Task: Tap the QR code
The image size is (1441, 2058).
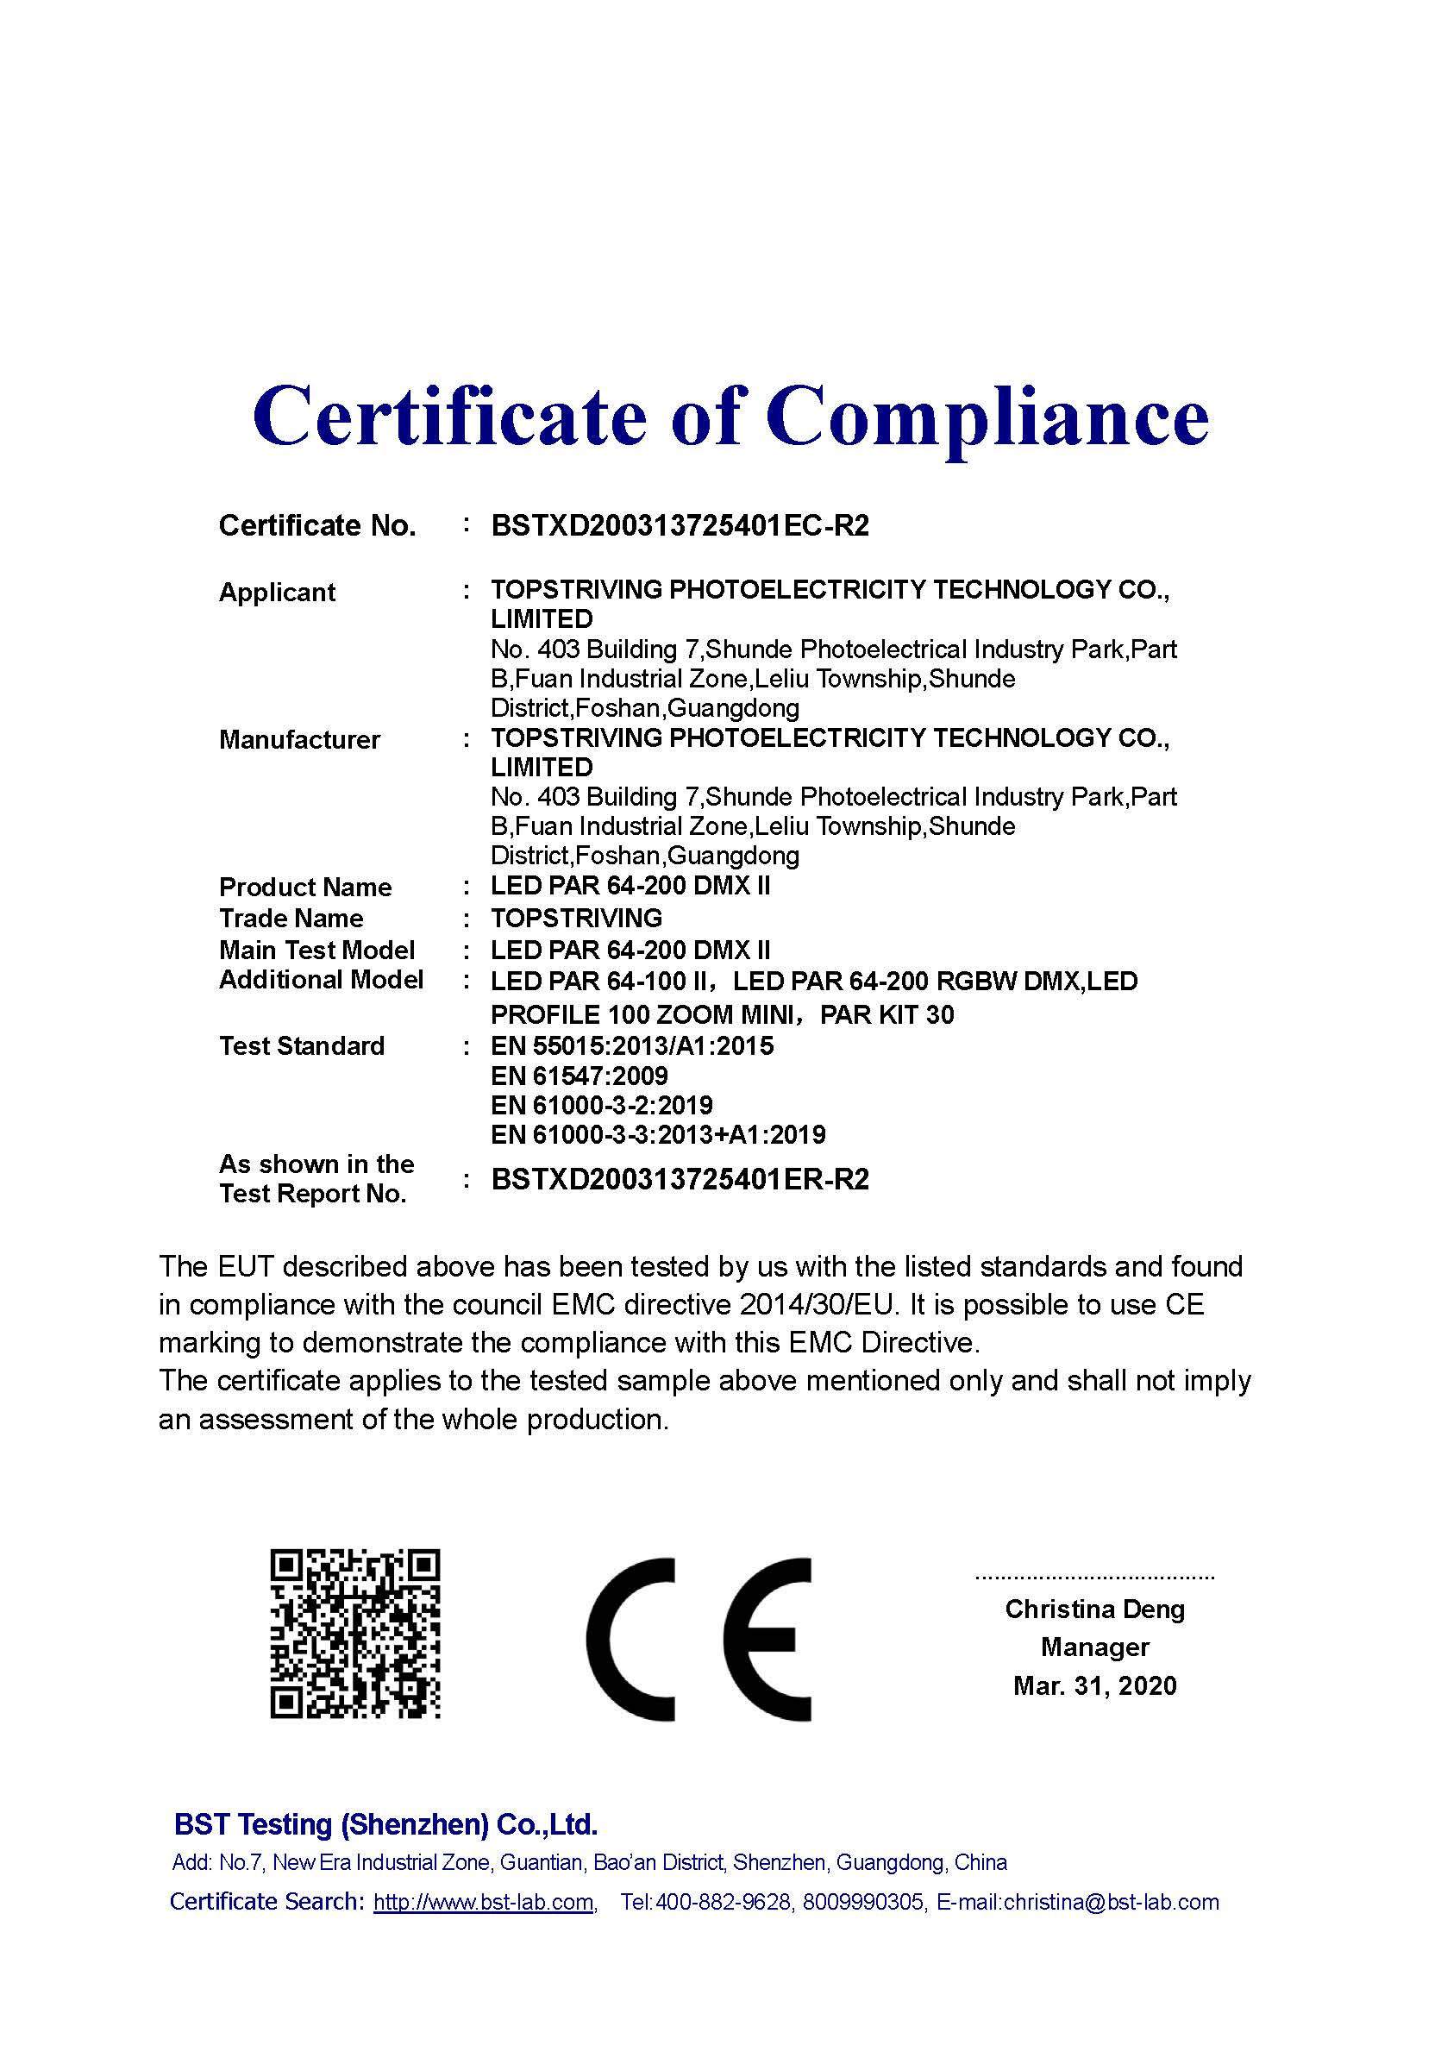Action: point(355,1633)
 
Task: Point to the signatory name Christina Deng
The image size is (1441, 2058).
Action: point(1094,1609)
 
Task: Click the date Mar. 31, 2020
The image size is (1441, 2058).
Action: point(1094,1686)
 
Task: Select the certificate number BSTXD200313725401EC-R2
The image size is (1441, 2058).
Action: point(680,525)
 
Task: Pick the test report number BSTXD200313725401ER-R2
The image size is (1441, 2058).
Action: point(680,1179)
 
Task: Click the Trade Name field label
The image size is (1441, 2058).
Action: point(291,918)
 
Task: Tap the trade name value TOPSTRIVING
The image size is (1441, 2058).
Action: point(576,918)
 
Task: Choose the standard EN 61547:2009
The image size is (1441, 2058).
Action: point(579,1076)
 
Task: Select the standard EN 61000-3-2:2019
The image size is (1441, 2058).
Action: point(601,1105)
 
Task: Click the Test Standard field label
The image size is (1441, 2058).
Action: point(302,1046)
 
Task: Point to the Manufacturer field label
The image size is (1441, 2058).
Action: point(299,739)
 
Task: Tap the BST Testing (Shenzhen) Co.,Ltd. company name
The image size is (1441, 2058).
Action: point(385,1824)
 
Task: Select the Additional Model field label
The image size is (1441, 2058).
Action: point(321,980)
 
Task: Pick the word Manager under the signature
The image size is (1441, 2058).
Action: point(1094,1647)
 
